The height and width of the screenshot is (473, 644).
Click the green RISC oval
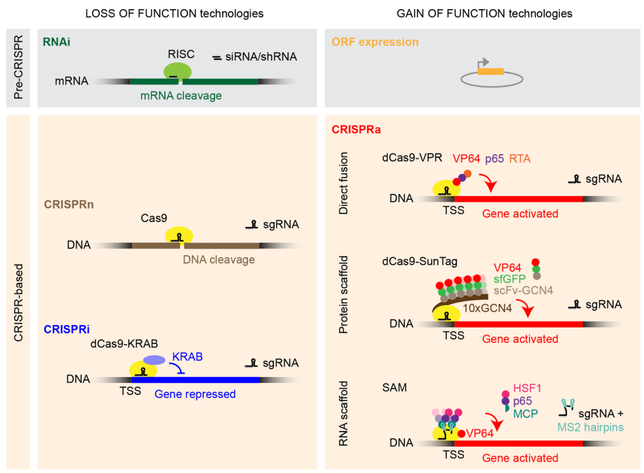178,70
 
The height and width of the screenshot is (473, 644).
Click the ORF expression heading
375,42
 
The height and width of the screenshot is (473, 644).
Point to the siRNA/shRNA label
257,56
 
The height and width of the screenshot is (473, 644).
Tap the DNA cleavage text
218,259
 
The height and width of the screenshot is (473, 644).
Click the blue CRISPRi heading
67,329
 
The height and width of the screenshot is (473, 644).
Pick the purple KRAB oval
154,360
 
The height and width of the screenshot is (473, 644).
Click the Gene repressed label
195,394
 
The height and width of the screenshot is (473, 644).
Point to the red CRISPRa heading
357,130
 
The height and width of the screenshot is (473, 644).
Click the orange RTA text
519,159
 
